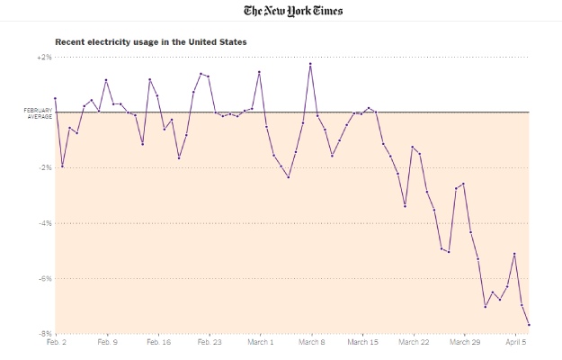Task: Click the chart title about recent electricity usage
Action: pos(150,41)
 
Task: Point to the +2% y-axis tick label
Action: pos(44,57)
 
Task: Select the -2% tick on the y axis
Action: pos(45,167)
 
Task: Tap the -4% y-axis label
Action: pos(45,223)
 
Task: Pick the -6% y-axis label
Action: pos(45,279)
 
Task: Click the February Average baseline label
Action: pos(39,113)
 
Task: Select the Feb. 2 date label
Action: pos(57,343)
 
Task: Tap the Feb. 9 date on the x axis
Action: pos(107,343)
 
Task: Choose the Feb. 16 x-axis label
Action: pos(158,343)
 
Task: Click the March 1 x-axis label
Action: pos(260,343)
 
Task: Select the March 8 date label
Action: pos(311,343)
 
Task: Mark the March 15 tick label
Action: pos(362,343)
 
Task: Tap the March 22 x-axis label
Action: pos(414,343)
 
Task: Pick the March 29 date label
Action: pos(464,343)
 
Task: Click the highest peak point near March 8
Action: pos(310,64)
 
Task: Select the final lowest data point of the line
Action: pos(529,325)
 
